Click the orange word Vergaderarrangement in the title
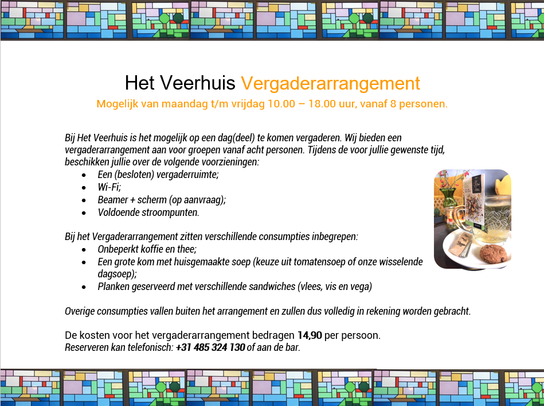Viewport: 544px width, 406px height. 330,83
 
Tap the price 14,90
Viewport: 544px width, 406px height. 310,335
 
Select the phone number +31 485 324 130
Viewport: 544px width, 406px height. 210,347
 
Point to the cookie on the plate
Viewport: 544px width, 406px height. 494,254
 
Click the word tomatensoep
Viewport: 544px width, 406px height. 319,262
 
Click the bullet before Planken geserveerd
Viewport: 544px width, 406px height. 84,287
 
